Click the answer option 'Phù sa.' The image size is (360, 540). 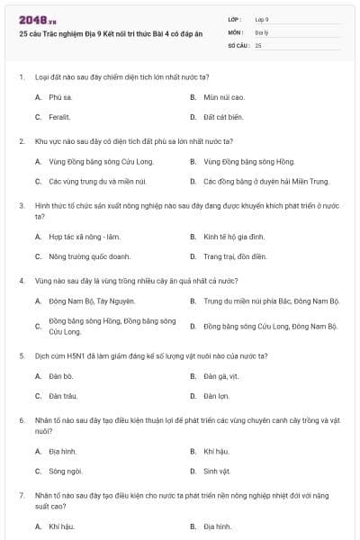point(60,96)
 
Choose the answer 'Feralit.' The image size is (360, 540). point(59,117)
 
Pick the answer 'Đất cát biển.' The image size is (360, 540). point(224,117)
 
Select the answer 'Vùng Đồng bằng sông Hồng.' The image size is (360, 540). point(248,161)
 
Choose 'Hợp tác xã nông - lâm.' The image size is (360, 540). point(85,236)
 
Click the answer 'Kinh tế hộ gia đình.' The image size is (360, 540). point(235,236)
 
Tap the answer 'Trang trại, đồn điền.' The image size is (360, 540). point(235,256)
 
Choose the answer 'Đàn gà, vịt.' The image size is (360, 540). point(222,375)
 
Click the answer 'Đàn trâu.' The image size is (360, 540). point(62,396)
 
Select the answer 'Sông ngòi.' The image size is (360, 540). point(65,471)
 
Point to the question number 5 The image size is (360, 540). point(22,355)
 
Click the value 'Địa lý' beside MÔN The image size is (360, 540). point(261,31)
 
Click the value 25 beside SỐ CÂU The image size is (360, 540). point(258,44)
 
